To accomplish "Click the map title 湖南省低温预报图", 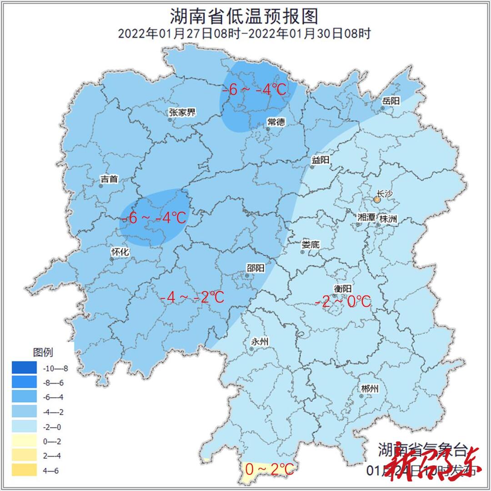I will click(244, 16).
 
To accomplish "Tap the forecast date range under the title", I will click(244, 34).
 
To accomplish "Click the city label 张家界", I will click(182, 113).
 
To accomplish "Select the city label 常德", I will click(276, 121).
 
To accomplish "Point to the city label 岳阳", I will click(391, 101).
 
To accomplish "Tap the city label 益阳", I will click(320, 160).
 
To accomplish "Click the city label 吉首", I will click(109, 179).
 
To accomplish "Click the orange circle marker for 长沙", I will click(377, 199).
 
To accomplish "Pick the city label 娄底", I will click(311, 244).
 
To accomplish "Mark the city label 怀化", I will click(120, 252).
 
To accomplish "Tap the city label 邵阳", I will click(255, 268).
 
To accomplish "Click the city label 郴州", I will click(369, 389).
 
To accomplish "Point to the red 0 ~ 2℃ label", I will click(270, 469).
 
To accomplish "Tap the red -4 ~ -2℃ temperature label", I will click(192, 297).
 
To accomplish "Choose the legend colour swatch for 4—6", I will click(25, 470).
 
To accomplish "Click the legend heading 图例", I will click(43, 352).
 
